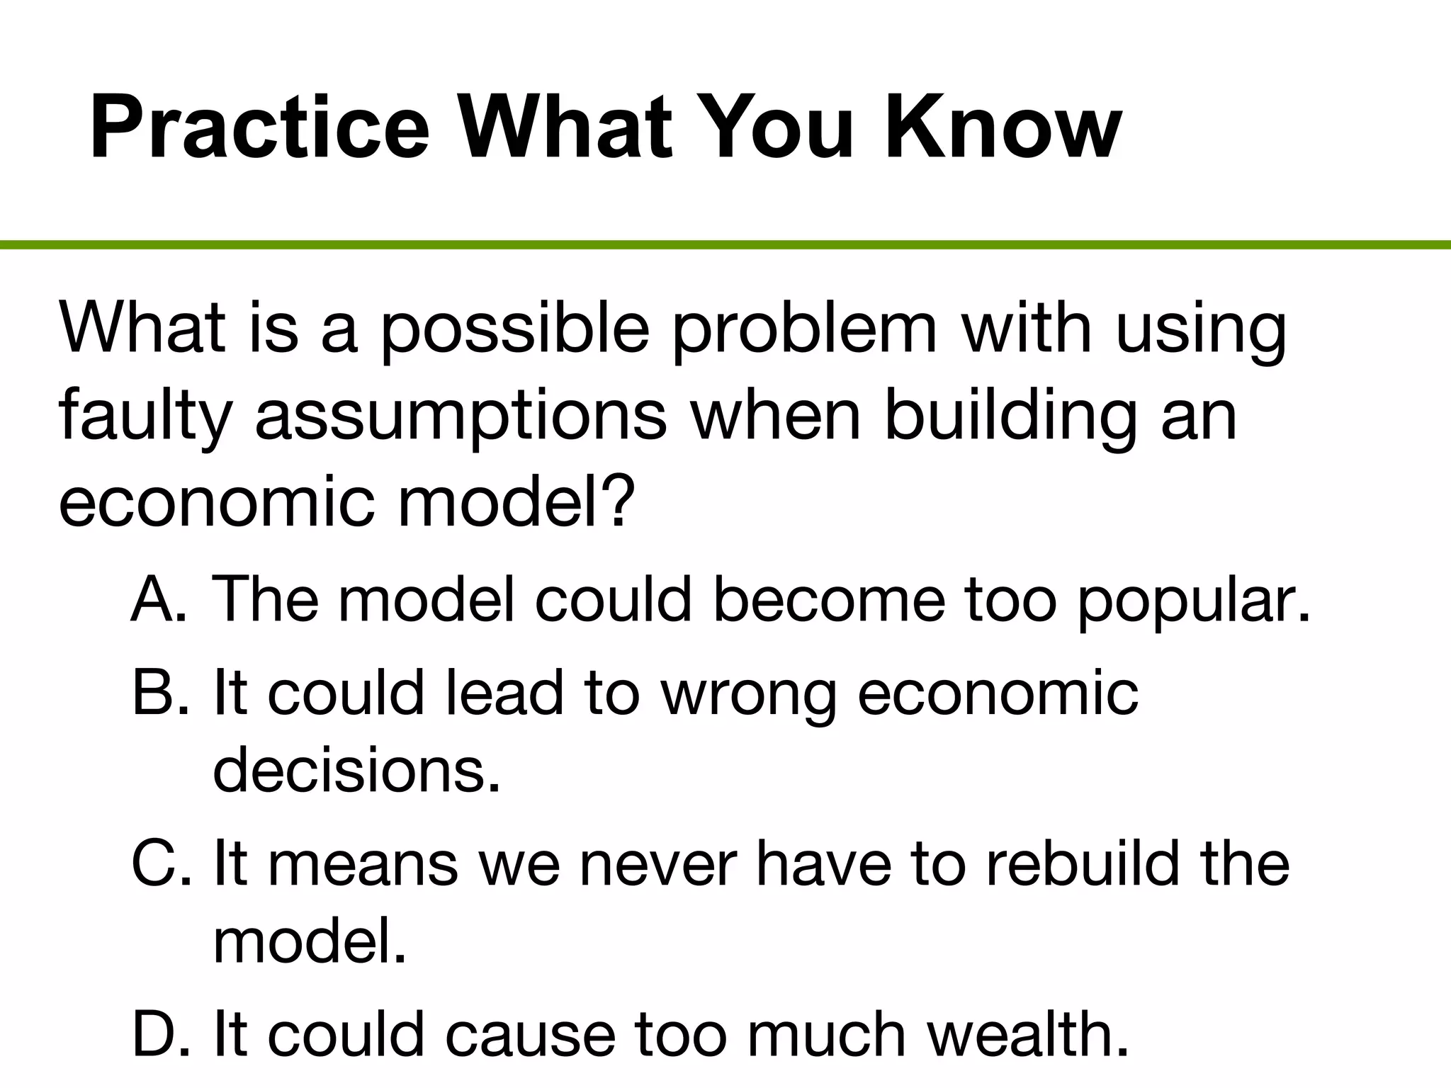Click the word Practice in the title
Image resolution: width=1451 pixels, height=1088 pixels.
259,128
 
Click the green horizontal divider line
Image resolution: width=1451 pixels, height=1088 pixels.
725,245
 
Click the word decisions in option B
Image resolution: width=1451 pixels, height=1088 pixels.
356,771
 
